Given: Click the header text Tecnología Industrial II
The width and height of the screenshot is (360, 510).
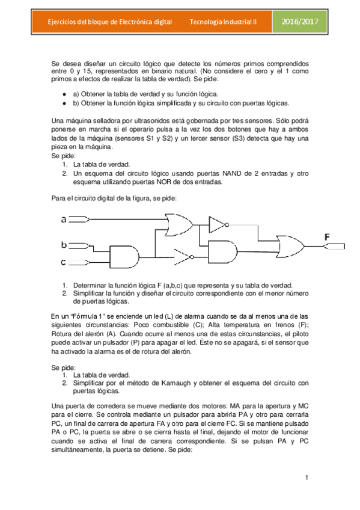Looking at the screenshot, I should point(223,22).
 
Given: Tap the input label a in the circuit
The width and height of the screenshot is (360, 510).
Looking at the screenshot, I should point(64,220).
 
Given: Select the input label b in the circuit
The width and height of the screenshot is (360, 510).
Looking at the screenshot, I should point(63,245).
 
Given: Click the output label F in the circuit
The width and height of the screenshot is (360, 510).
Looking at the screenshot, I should point(327,237).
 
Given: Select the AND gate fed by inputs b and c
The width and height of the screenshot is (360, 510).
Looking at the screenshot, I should point(124,256).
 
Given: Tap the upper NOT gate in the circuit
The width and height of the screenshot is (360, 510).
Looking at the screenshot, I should point(217,224).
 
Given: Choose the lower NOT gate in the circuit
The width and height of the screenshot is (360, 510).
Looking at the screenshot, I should point(184,256).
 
